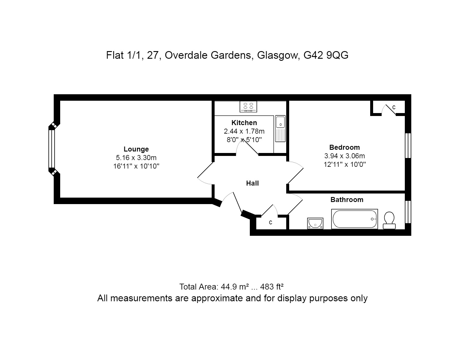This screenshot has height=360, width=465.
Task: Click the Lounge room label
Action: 136,149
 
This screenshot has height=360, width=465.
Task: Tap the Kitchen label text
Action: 244,123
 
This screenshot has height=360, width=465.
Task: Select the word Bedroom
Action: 345,147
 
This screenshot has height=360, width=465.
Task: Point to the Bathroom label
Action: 347,199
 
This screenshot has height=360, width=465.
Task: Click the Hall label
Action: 252,183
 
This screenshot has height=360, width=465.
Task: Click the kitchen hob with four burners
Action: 248,107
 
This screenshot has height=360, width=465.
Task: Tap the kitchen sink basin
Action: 280,122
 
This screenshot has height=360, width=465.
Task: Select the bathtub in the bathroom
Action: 354,219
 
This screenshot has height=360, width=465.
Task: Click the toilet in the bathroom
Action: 389,220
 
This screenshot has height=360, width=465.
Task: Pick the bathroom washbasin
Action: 315,223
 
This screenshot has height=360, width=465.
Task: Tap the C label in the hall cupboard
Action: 270,223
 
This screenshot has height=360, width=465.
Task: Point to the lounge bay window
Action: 52,149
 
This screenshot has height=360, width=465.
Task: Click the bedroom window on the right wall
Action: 408,146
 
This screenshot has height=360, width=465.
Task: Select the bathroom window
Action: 408,212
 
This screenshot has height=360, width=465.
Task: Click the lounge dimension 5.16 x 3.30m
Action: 136,157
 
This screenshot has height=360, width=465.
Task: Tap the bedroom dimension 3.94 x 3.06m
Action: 345,156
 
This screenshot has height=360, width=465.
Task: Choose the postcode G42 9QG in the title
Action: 326,55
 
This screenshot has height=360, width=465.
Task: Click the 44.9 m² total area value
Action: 235,287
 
